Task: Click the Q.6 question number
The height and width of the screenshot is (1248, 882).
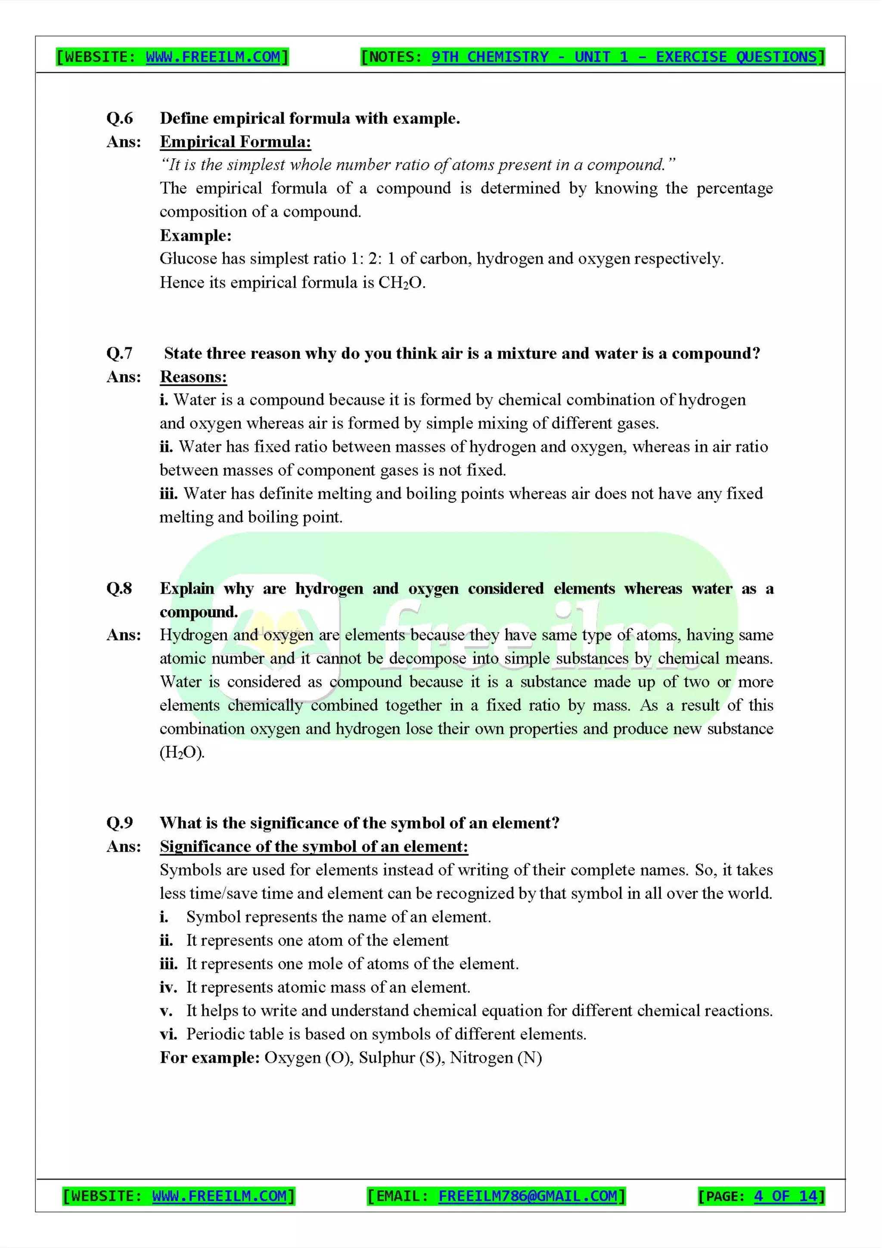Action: (120, 118)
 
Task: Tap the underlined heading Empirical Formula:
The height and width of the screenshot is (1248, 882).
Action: (235, 142)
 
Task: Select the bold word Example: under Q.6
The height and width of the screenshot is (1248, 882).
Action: (196, 236)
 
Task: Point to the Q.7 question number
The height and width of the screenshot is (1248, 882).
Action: (120, 353)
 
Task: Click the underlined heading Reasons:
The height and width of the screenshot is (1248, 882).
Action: (193, 377)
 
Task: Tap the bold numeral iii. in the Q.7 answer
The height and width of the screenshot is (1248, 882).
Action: (168, 494)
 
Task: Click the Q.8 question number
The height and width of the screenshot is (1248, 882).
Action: (120, 588)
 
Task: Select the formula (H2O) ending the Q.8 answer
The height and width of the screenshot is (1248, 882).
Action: (181, 752)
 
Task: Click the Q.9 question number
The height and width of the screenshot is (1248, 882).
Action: (120, 823)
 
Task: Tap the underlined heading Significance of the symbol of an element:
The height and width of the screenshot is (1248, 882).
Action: (314, 846)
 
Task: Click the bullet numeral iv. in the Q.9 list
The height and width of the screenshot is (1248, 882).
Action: (168, 987)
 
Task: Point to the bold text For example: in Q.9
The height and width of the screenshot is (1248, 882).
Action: (210, 1058)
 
